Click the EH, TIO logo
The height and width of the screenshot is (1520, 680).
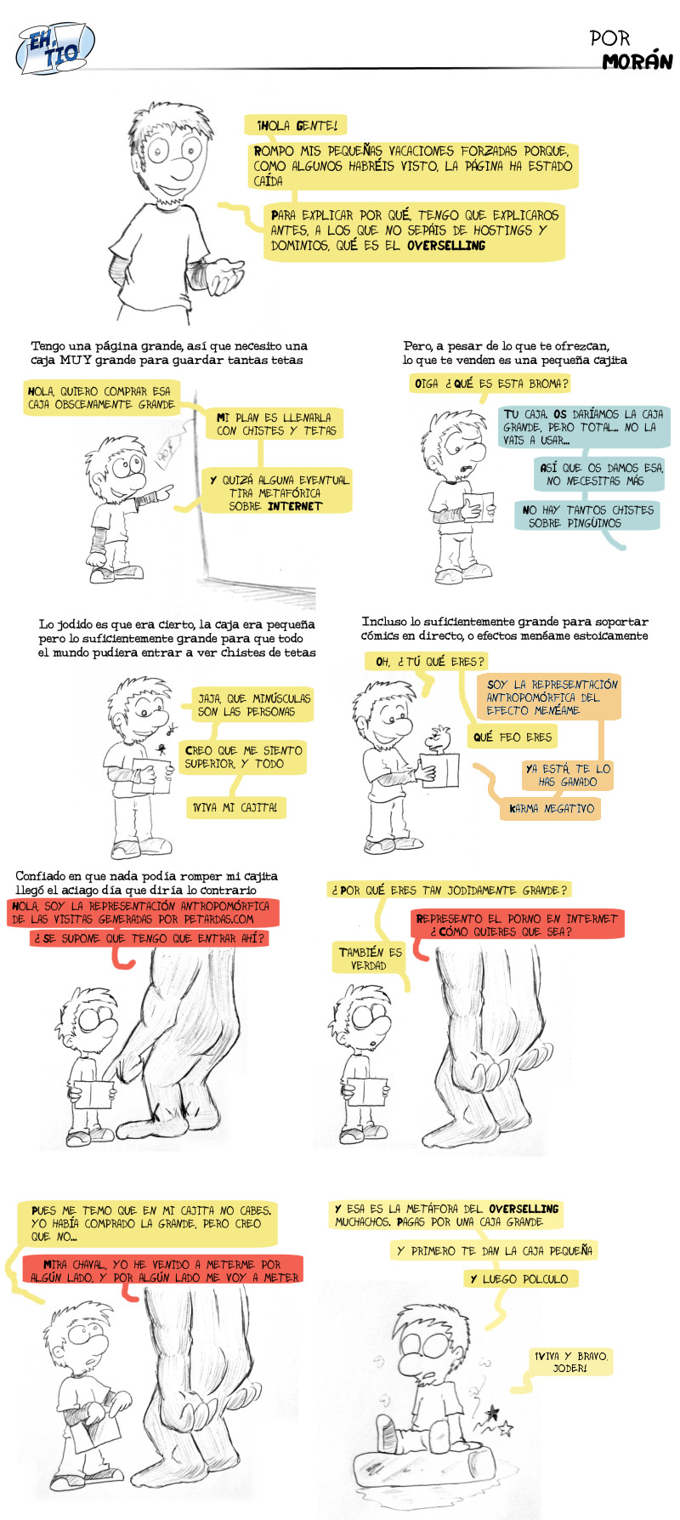[55, 48]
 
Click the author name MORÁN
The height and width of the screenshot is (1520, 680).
[637, 62]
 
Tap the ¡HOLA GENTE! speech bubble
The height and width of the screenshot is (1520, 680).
[296, 126]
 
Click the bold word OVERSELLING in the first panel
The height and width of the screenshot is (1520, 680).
[446, 246]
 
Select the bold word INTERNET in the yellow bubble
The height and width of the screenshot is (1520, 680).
[295, 506]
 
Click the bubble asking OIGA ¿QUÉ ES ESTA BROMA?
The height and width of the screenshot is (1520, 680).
[490, 384]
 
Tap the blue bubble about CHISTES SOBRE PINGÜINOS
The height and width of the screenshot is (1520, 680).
[587, 516]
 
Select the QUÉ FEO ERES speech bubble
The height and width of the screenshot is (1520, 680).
[513, 737]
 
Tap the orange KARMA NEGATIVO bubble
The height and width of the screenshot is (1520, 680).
[551, 808]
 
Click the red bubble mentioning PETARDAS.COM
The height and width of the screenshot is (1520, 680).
[141, 913]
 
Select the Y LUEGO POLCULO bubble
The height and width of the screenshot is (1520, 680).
[518, 1278]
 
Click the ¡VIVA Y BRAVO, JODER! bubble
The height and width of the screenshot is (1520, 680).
[569, 1362]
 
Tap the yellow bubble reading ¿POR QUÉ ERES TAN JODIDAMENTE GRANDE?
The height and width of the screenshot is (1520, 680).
[448, 890]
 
